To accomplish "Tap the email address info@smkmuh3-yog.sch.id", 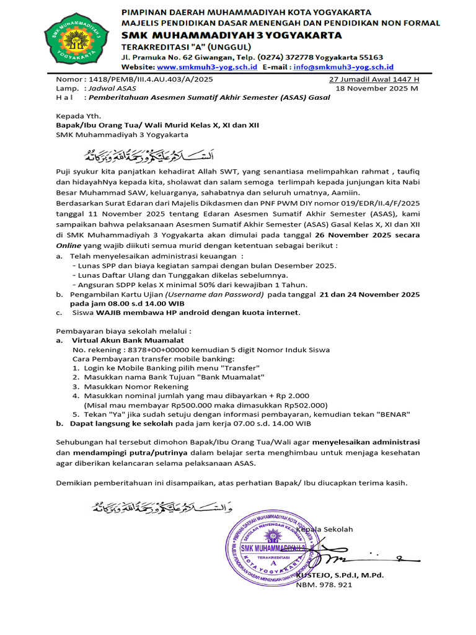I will click(x=343, y=67).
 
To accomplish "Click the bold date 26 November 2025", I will click(x=359, y=235).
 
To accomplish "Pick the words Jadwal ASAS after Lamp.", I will click(x=113, y=89).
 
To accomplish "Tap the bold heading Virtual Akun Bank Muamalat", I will click(x=128, y=340).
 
